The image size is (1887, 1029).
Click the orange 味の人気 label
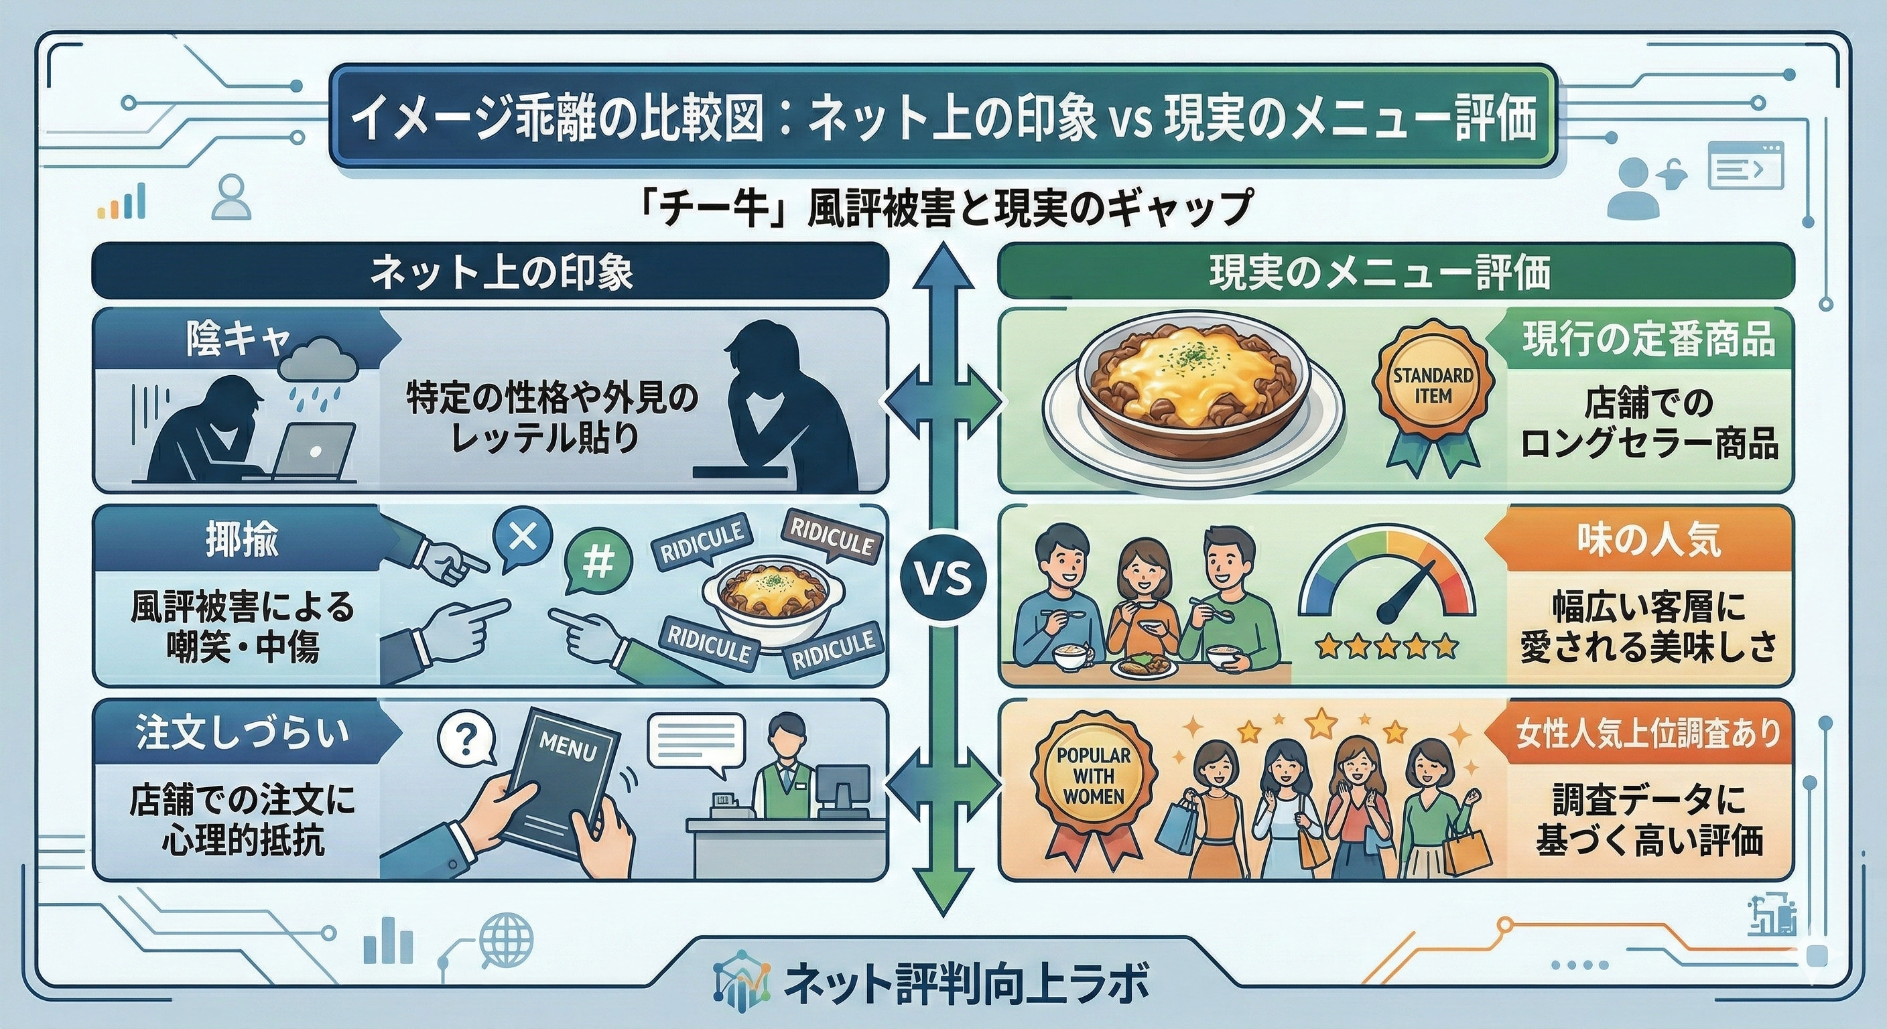pos(1648,540)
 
